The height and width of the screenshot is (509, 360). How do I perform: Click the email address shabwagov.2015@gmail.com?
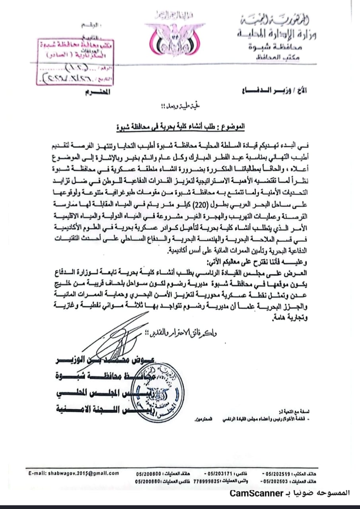click(74, 473)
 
